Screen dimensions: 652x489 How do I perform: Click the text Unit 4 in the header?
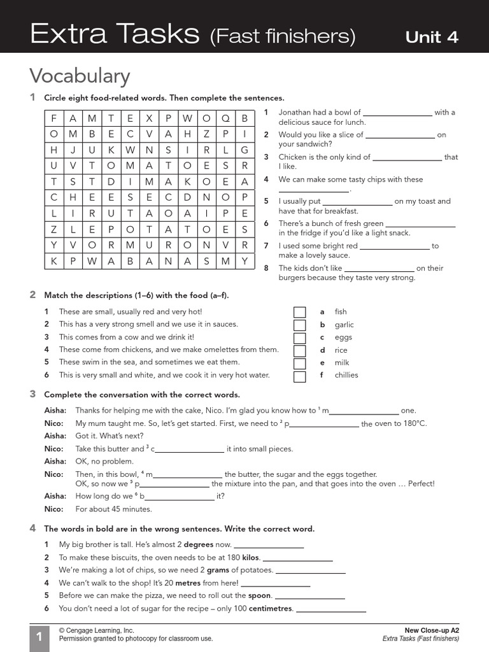pyautogui.click(x=432, y=36)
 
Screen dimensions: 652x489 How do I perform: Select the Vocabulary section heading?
pyautogui.click(x=80, y=76)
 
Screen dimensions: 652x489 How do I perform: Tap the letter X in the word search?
pyautogui.click(x=150, y=118)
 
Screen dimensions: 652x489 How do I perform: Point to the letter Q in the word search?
pyautogui.click(x=225, y=118)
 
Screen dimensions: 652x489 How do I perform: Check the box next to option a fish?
pyautogui.click(x=299, y=312)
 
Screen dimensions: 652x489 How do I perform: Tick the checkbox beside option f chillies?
pyautogui.click(x=299, y=376)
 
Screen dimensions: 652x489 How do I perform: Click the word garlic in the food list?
pyautogui.click(x=344, y=325)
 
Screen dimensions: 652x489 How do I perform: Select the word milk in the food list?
pyautogui.click(x=342, y=363)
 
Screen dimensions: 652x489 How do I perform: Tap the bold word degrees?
pyautogui.click(x=198, y=545)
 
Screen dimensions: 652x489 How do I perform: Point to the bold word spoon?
pyautogui.click(x=260, y=596)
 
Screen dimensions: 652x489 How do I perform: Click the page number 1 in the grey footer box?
pyautogui.click(x=39, y=637)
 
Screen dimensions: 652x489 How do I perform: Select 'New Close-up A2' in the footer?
pyautogui.click(x=432, y=630)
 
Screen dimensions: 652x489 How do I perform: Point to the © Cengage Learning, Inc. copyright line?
pyautogui.click(x=96, y=630)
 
